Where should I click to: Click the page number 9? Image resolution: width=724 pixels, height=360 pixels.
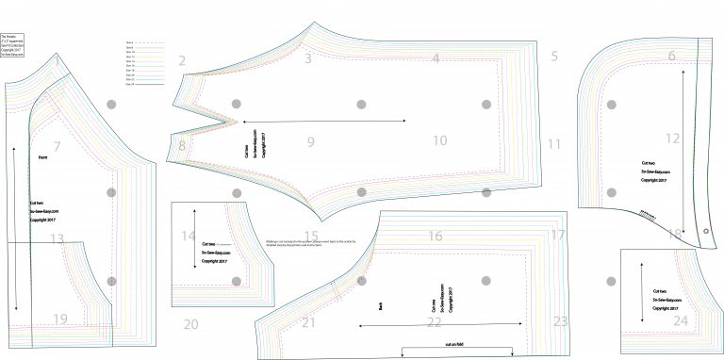(309, 142)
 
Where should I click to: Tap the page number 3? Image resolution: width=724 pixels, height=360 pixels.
(308, 58)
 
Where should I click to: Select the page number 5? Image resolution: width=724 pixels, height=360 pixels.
(554, 57)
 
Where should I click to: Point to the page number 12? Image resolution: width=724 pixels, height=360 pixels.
(672, 139)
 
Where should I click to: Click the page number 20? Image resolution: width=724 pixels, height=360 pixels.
(191, 325)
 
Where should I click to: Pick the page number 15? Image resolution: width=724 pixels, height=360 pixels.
(311, 237)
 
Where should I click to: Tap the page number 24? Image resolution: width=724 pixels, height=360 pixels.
(681, 321)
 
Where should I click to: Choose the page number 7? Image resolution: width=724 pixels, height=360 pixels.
(58, 146)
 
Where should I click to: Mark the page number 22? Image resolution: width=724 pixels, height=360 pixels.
(435, 322)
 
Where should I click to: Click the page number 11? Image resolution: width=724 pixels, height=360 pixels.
(554, 144)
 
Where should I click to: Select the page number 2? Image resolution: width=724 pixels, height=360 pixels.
(182, 61)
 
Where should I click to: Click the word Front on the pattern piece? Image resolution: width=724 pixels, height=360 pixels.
(42, 158)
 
